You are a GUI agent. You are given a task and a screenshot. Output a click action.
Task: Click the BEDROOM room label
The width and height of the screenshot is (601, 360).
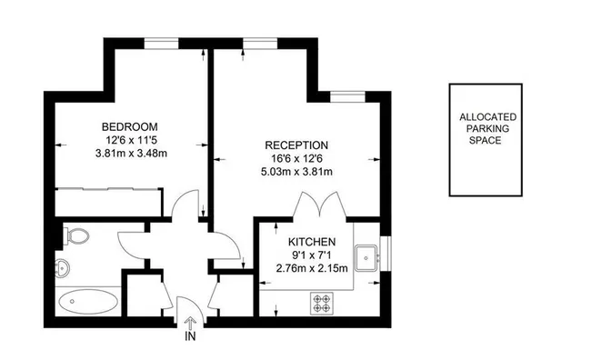(x=130, y=125)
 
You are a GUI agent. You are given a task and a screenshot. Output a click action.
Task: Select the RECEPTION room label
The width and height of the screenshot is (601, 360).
(x=296, y=145)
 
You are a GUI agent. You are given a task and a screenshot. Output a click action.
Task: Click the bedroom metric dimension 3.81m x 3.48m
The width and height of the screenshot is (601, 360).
(x=131, y=153)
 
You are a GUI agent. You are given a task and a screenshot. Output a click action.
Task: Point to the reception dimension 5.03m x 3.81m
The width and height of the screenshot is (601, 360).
(x=296, y=173)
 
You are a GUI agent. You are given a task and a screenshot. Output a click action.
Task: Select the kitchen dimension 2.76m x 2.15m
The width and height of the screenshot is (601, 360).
(x=313, y=269)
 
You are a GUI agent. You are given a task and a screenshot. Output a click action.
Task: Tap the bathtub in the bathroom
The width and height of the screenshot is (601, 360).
(x=87, y=300)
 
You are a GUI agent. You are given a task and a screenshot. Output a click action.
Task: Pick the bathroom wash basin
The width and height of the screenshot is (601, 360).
(x=62, y=269)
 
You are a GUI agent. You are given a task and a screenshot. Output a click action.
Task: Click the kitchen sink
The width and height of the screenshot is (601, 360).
(x=367, y=256)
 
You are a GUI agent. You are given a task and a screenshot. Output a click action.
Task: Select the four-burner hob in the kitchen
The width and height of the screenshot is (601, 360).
(x=323, y=299)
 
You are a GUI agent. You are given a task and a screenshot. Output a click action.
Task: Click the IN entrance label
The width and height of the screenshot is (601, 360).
(x=190, y=336)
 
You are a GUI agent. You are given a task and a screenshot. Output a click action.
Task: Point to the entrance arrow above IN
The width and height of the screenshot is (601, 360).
(x=190, y=321)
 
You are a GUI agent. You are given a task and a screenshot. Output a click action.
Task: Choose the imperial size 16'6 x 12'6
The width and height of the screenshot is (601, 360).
(x=296, y=159)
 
